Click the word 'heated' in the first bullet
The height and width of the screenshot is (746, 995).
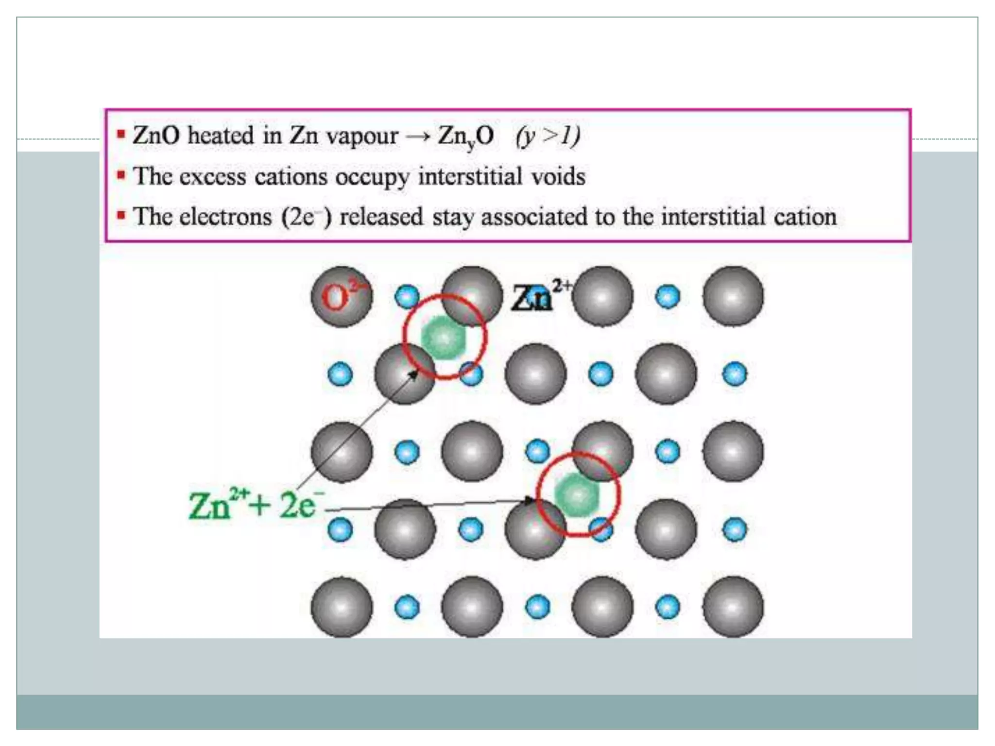[x=221, y=135]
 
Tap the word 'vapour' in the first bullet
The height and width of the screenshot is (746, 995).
[x=362, y=136]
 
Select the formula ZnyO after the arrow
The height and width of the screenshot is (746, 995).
[x=465, y=136]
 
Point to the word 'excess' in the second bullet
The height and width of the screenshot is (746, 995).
[x=213, y=176]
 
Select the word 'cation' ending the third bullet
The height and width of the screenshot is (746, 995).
[x=805, y=217]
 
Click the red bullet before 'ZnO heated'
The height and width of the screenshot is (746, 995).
[x=121, y=134]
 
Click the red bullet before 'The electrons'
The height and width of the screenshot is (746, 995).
[x=121, y=215]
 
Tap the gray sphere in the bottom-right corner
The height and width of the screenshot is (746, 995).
[x=733, y=607]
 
